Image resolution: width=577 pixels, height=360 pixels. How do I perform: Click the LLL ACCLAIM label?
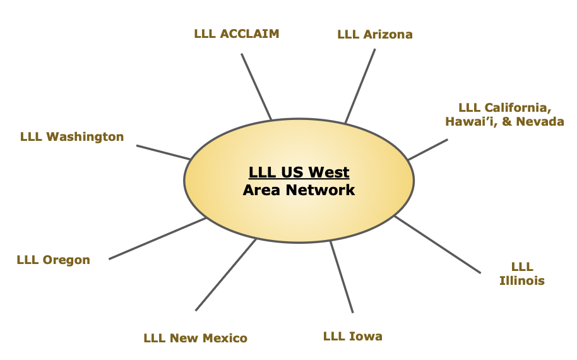coord(237,33)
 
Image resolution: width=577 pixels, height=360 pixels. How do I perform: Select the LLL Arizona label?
coord(375,34)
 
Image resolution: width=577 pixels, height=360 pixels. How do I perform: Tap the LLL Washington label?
coord(72,136)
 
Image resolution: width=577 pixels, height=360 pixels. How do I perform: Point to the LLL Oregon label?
coord(54,260)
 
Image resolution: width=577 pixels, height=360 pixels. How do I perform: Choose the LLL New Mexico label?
coord(195,338)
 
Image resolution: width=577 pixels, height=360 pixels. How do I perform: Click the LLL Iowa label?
coord(352,336)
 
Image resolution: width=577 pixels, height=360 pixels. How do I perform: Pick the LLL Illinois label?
coord(522,273)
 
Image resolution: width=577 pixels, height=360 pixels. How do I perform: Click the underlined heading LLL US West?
coord(299,172)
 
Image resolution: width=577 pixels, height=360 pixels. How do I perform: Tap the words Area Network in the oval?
coord(299,189)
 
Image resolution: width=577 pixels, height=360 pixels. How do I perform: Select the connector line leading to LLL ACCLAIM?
coord(256,87)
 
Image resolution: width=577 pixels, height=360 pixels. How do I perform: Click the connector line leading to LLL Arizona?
coord(360,86)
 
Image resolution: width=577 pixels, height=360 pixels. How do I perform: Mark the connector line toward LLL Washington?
coord(163,152)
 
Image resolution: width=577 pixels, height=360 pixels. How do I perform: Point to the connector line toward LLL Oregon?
coord(158,238)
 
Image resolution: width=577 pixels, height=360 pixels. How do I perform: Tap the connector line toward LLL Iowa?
coord(342,277)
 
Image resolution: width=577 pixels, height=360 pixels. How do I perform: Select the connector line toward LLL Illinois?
coord(437,244)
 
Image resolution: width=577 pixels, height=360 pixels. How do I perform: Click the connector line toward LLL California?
coord(427,150)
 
